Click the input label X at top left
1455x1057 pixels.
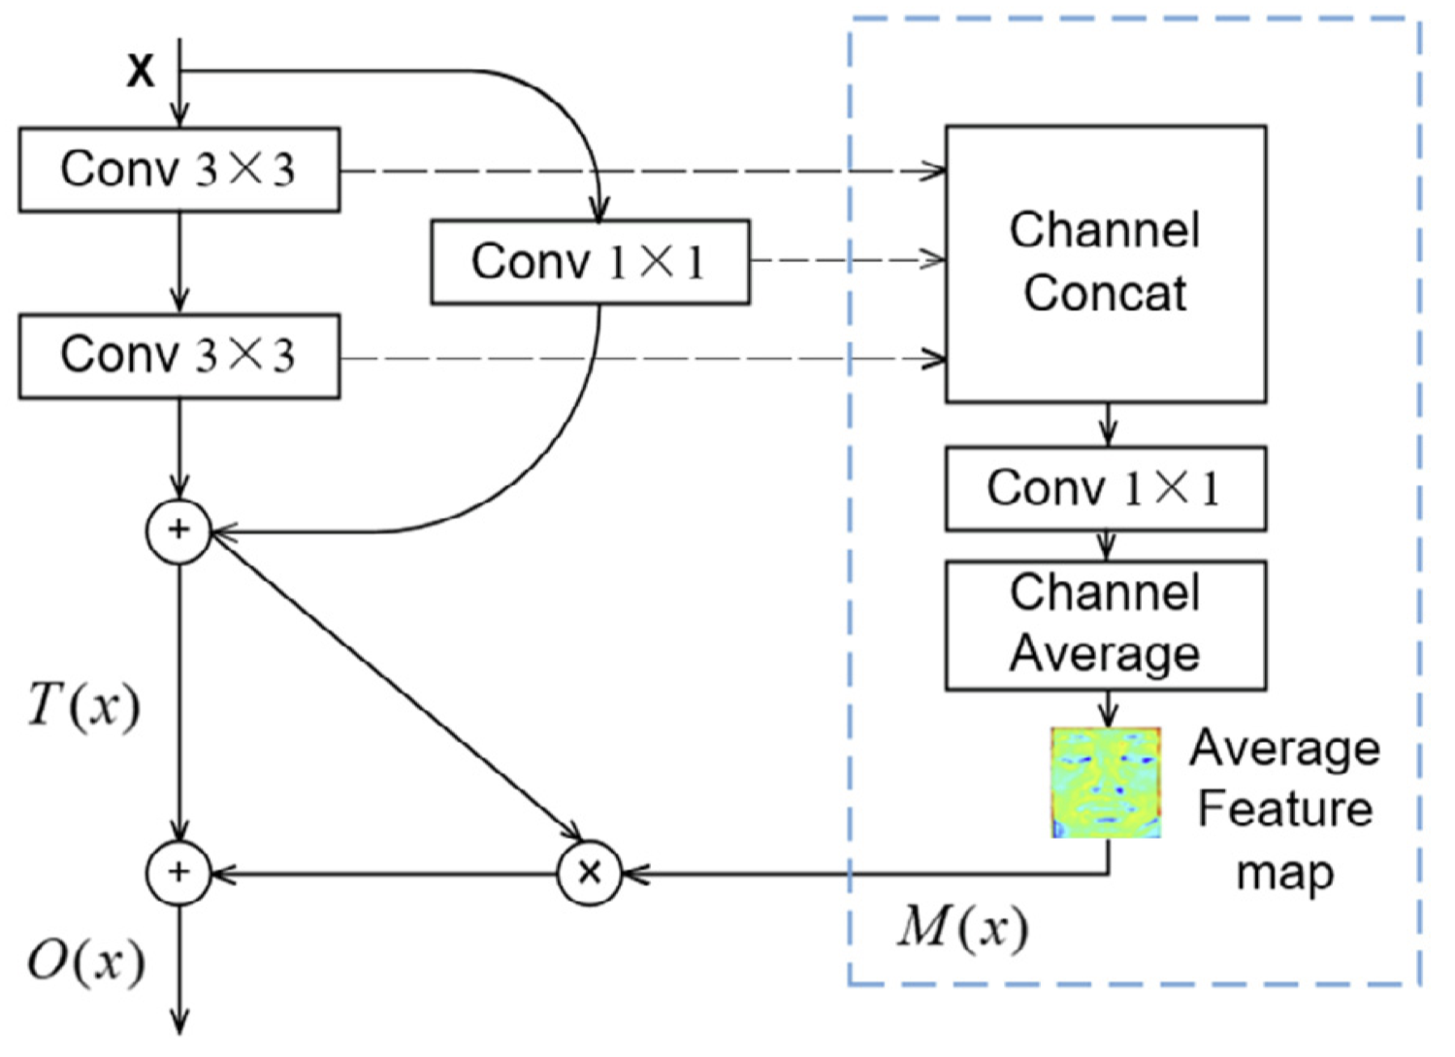coord(141,71)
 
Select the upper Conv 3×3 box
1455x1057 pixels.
coord(179,170)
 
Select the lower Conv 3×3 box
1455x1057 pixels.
coord(179,356)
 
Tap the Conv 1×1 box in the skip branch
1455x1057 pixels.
coord(590,262)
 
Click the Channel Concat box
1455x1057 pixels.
coord(1106,263)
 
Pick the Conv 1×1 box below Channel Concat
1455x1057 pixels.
coord(1106,488)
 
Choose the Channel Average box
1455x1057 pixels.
coord(1106,625)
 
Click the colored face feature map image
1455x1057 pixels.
coord(1106,783)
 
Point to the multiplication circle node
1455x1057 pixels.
coord(589,873)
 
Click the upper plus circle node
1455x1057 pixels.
coord(178,530)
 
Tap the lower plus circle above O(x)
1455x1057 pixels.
coord(178,873)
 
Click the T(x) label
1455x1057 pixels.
coord(83,705)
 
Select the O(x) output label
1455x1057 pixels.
coord(85,962)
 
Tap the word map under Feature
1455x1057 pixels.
coord(1284,873)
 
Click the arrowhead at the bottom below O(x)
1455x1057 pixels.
coord(179,1024)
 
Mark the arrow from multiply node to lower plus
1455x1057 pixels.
coord(388,874)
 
